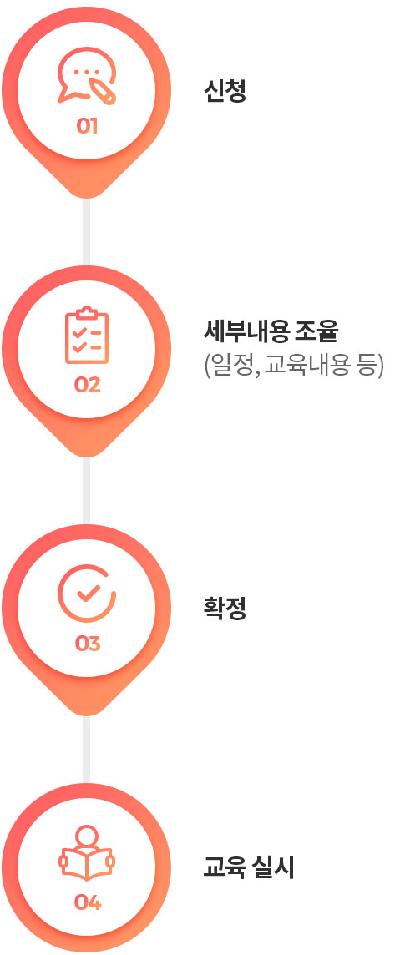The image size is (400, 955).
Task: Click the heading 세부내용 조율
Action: pos(271,332)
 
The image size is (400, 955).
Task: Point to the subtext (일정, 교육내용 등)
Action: pos(294,366)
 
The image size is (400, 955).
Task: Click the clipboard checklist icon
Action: pos(87,336)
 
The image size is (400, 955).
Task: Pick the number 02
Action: pos(87,385)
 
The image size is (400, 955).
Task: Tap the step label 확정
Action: pos(225,609)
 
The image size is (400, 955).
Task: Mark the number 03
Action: pos(87,644)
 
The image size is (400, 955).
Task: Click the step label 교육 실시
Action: pos(248,868)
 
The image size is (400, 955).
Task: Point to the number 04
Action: pos(87,902)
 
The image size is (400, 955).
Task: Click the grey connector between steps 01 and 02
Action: pos(87,232)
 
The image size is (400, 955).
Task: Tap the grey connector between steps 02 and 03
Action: pos(87,491)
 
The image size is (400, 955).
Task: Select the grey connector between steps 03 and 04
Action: pos(87,750)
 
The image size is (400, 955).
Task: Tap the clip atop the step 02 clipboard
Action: pos(87,312)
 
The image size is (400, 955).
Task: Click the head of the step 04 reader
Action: pos(87,836)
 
